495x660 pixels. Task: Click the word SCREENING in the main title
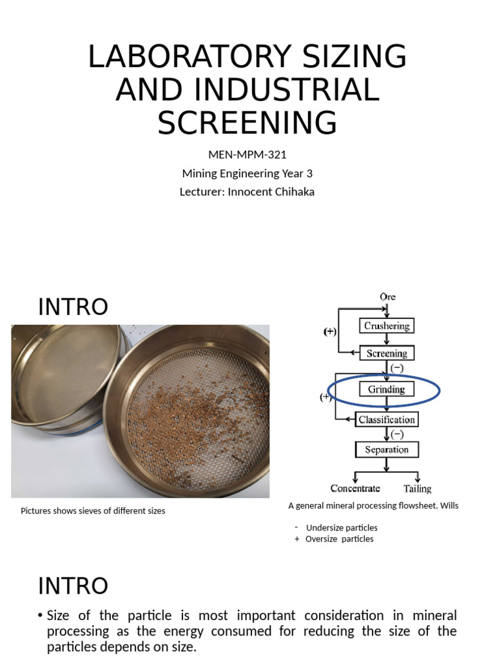[x=247, y=122]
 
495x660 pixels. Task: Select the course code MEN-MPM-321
[x=247, y=155]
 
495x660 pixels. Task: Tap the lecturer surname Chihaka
[x=293, y=191]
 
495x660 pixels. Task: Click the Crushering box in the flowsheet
[x=387, y=326]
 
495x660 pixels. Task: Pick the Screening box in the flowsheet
[x=387, y=353]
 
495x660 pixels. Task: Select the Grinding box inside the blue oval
[x=386, y=389]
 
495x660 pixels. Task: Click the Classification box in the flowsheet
[x=387, y=420]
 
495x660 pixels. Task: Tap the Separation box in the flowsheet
[x=387, y=449]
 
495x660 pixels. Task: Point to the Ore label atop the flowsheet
[x=387, y=297]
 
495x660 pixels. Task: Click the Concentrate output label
[x=355, y=489]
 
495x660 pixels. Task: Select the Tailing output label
[x=418, y=489]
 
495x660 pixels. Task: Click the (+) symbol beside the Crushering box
[x=330, y=332]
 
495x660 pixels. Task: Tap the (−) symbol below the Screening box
[x=397, y=368]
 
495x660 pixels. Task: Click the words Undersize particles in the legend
[x=342, y=528]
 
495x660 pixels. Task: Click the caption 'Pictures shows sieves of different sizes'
[x=93, y=510]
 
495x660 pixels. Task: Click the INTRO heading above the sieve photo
[x=73, y=307]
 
